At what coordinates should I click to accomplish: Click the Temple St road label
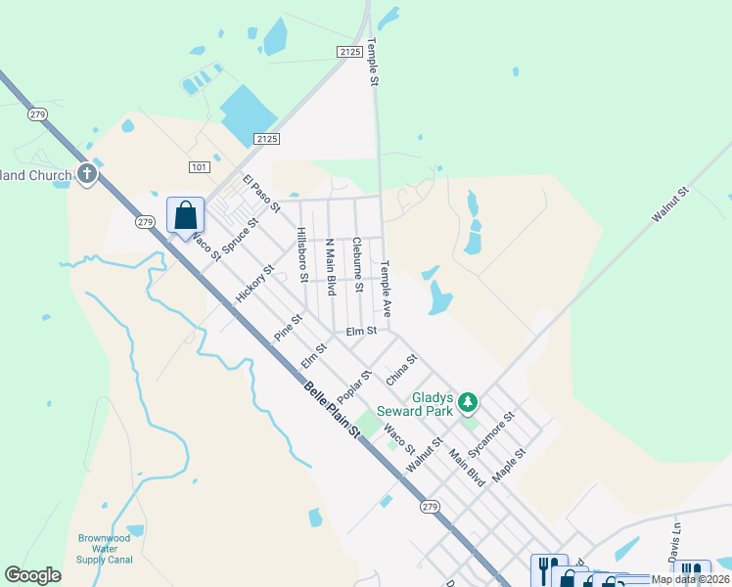(x=373, y=63)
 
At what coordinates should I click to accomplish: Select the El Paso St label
(x=261, y=194)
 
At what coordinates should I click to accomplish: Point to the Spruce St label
(x=240, y=236)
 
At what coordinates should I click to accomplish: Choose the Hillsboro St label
(x=302, y=254)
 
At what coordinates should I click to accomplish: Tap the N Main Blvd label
(x=331, y=267)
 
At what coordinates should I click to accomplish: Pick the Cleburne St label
(x=358, y=264)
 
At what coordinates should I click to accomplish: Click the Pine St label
(x=289, y=326)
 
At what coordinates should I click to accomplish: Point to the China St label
(x=401, y=370)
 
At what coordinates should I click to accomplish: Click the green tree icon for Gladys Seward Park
(x=468, y=402)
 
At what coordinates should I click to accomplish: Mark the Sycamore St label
(x=490, y=435)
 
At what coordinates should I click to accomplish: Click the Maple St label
(x=509, y=464)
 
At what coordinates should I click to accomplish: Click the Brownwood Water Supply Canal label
(x=105, y=549)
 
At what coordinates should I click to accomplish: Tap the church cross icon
(x=87, y=175)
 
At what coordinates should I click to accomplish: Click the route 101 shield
(x=200, y=167)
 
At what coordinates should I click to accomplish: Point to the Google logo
(x=33, y=575)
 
